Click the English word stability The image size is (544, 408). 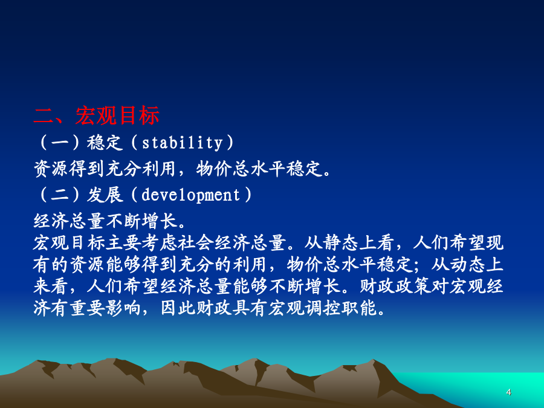[182, 143]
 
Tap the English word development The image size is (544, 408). [191, 195]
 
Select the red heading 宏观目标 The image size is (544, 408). [117, 115]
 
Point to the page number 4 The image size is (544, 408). [508, 392]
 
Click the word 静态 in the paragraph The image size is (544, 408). [341, 242]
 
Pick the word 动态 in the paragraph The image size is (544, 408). [467, 264]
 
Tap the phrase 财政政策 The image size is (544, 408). [395, 286]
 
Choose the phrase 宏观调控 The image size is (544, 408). [304, 308]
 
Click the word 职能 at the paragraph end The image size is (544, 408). [358, 308]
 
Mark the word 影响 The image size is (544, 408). [123, 308]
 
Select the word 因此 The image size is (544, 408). [178, 308]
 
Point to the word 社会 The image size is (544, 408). [195, 242]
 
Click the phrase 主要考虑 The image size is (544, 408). [141, 242]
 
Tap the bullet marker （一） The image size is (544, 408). [60, 143]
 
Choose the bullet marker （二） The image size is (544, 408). [60, 195]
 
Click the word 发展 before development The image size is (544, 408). [105, 195]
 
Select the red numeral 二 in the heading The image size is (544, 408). [44, 115]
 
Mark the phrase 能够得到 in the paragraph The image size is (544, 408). [141, 264]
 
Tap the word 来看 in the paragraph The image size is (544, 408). [51, 286]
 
